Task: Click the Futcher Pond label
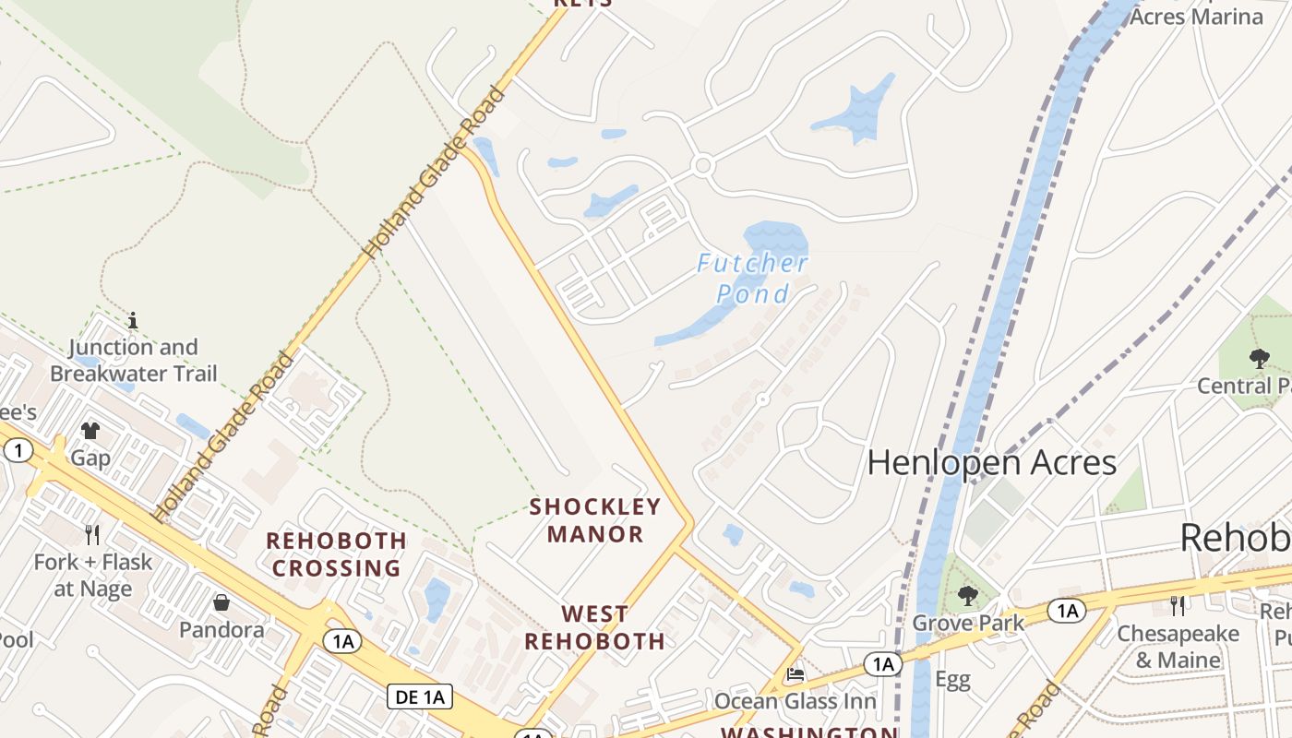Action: pos(753,279)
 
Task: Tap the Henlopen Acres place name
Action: pos(992,462)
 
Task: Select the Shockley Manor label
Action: pos(595,520)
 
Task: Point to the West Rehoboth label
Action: pos(595,627)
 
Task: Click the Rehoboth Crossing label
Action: pos(337,553)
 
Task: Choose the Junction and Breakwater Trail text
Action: pos(134,361)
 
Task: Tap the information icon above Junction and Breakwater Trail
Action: pos(133,320)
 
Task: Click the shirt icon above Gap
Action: pos(90,430)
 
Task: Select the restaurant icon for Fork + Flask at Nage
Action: pos(92,534)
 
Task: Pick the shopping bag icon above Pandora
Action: pos(221,602)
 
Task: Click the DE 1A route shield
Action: pos(419,696)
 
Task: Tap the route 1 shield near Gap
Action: pos(18,450)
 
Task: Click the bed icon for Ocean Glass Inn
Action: pos(795,674)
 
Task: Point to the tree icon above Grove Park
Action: pos(967,595)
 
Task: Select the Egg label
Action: pos(952,680)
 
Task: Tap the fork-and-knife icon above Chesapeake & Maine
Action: pos(1178,605)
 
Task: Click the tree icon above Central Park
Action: pos(1259,358)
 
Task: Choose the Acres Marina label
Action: pos(1196,16)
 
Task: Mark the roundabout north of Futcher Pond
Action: pos(703,166)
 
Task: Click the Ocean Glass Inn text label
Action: pos(796,702)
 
